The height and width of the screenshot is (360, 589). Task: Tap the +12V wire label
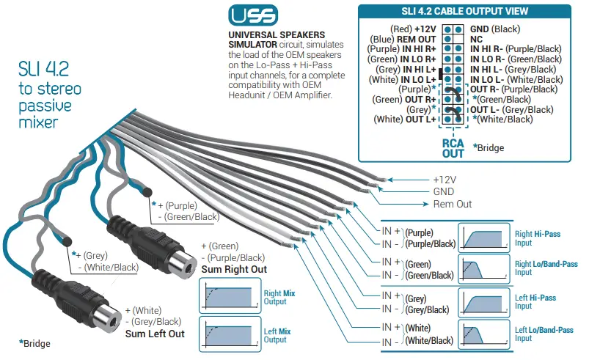coord(445,179)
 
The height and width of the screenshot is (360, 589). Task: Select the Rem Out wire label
coord(453,203)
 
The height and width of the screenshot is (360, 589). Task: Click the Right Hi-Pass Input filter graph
coord(482,237)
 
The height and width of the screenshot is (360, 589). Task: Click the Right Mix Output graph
coord(228,296)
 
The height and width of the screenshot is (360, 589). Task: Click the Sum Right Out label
coord(234,269)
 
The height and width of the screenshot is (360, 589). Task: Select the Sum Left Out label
coord(155,334)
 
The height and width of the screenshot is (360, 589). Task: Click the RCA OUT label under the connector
coord(452,149)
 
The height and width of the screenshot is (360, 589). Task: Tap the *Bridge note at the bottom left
coord(36,342)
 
